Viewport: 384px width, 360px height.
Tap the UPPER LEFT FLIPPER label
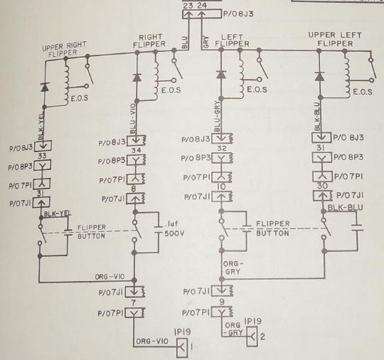click(335, 39)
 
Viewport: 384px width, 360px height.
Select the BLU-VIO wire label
click(132, 119)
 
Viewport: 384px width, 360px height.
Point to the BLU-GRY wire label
click(217, 117)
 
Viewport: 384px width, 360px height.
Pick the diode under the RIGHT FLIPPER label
click(137, 78)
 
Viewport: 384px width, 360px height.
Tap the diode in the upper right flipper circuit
click(44, 87)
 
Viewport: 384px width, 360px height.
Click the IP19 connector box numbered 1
click(182, 348)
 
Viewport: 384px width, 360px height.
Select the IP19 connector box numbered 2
click(252, 337)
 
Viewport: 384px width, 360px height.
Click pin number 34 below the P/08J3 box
click(136, 150)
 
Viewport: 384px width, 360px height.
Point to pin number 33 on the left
click(43, 156)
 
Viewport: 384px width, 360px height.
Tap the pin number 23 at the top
click(188, 6)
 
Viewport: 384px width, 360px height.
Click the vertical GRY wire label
click(206, 42)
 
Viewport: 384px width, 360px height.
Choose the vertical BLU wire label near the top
click(185, 43)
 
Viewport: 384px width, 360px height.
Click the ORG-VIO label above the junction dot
click(110, 277)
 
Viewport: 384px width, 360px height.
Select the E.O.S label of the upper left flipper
click(363, 92)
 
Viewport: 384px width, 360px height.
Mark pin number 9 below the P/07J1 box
click(222, 302)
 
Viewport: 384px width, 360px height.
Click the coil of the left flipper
click(242, 75)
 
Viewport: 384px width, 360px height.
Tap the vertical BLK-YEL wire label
click(41, 126)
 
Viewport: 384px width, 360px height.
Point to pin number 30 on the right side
click(322, 186)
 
